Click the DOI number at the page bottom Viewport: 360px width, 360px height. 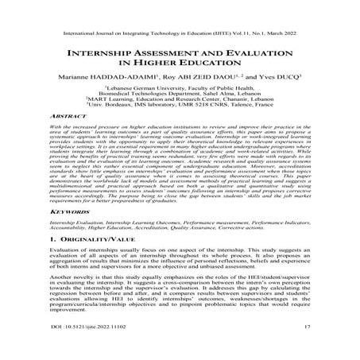pyautogui.click(x=76, y=348)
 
